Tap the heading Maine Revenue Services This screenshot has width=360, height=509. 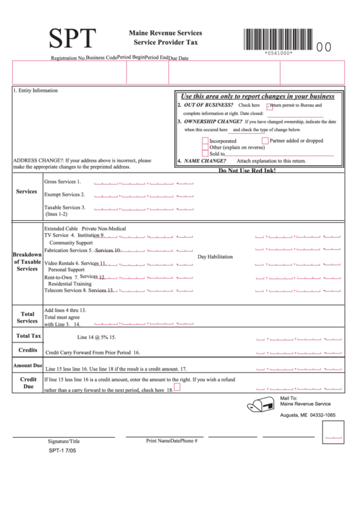165,33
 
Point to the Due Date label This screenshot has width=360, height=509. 179,58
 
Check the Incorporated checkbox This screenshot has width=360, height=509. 205,141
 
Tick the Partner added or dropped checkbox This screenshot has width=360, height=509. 266,141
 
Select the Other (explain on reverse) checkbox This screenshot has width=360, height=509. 205,147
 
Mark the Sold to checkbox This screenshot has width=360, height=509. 205,154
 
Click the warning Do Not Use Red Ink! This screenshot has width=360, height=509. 247,170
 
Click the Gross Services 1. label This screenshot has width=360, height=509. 62,182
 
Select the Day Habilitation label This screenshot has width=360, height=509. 215,257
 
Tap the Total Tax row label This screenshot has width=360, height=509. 29,336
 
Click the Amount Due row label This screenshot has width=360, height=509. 28,366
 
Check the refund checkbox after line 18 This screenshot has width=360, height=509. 177,387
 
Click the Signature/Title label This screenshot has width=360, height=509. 64,441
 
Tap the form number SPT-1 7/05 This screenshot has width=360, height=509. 62,451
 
